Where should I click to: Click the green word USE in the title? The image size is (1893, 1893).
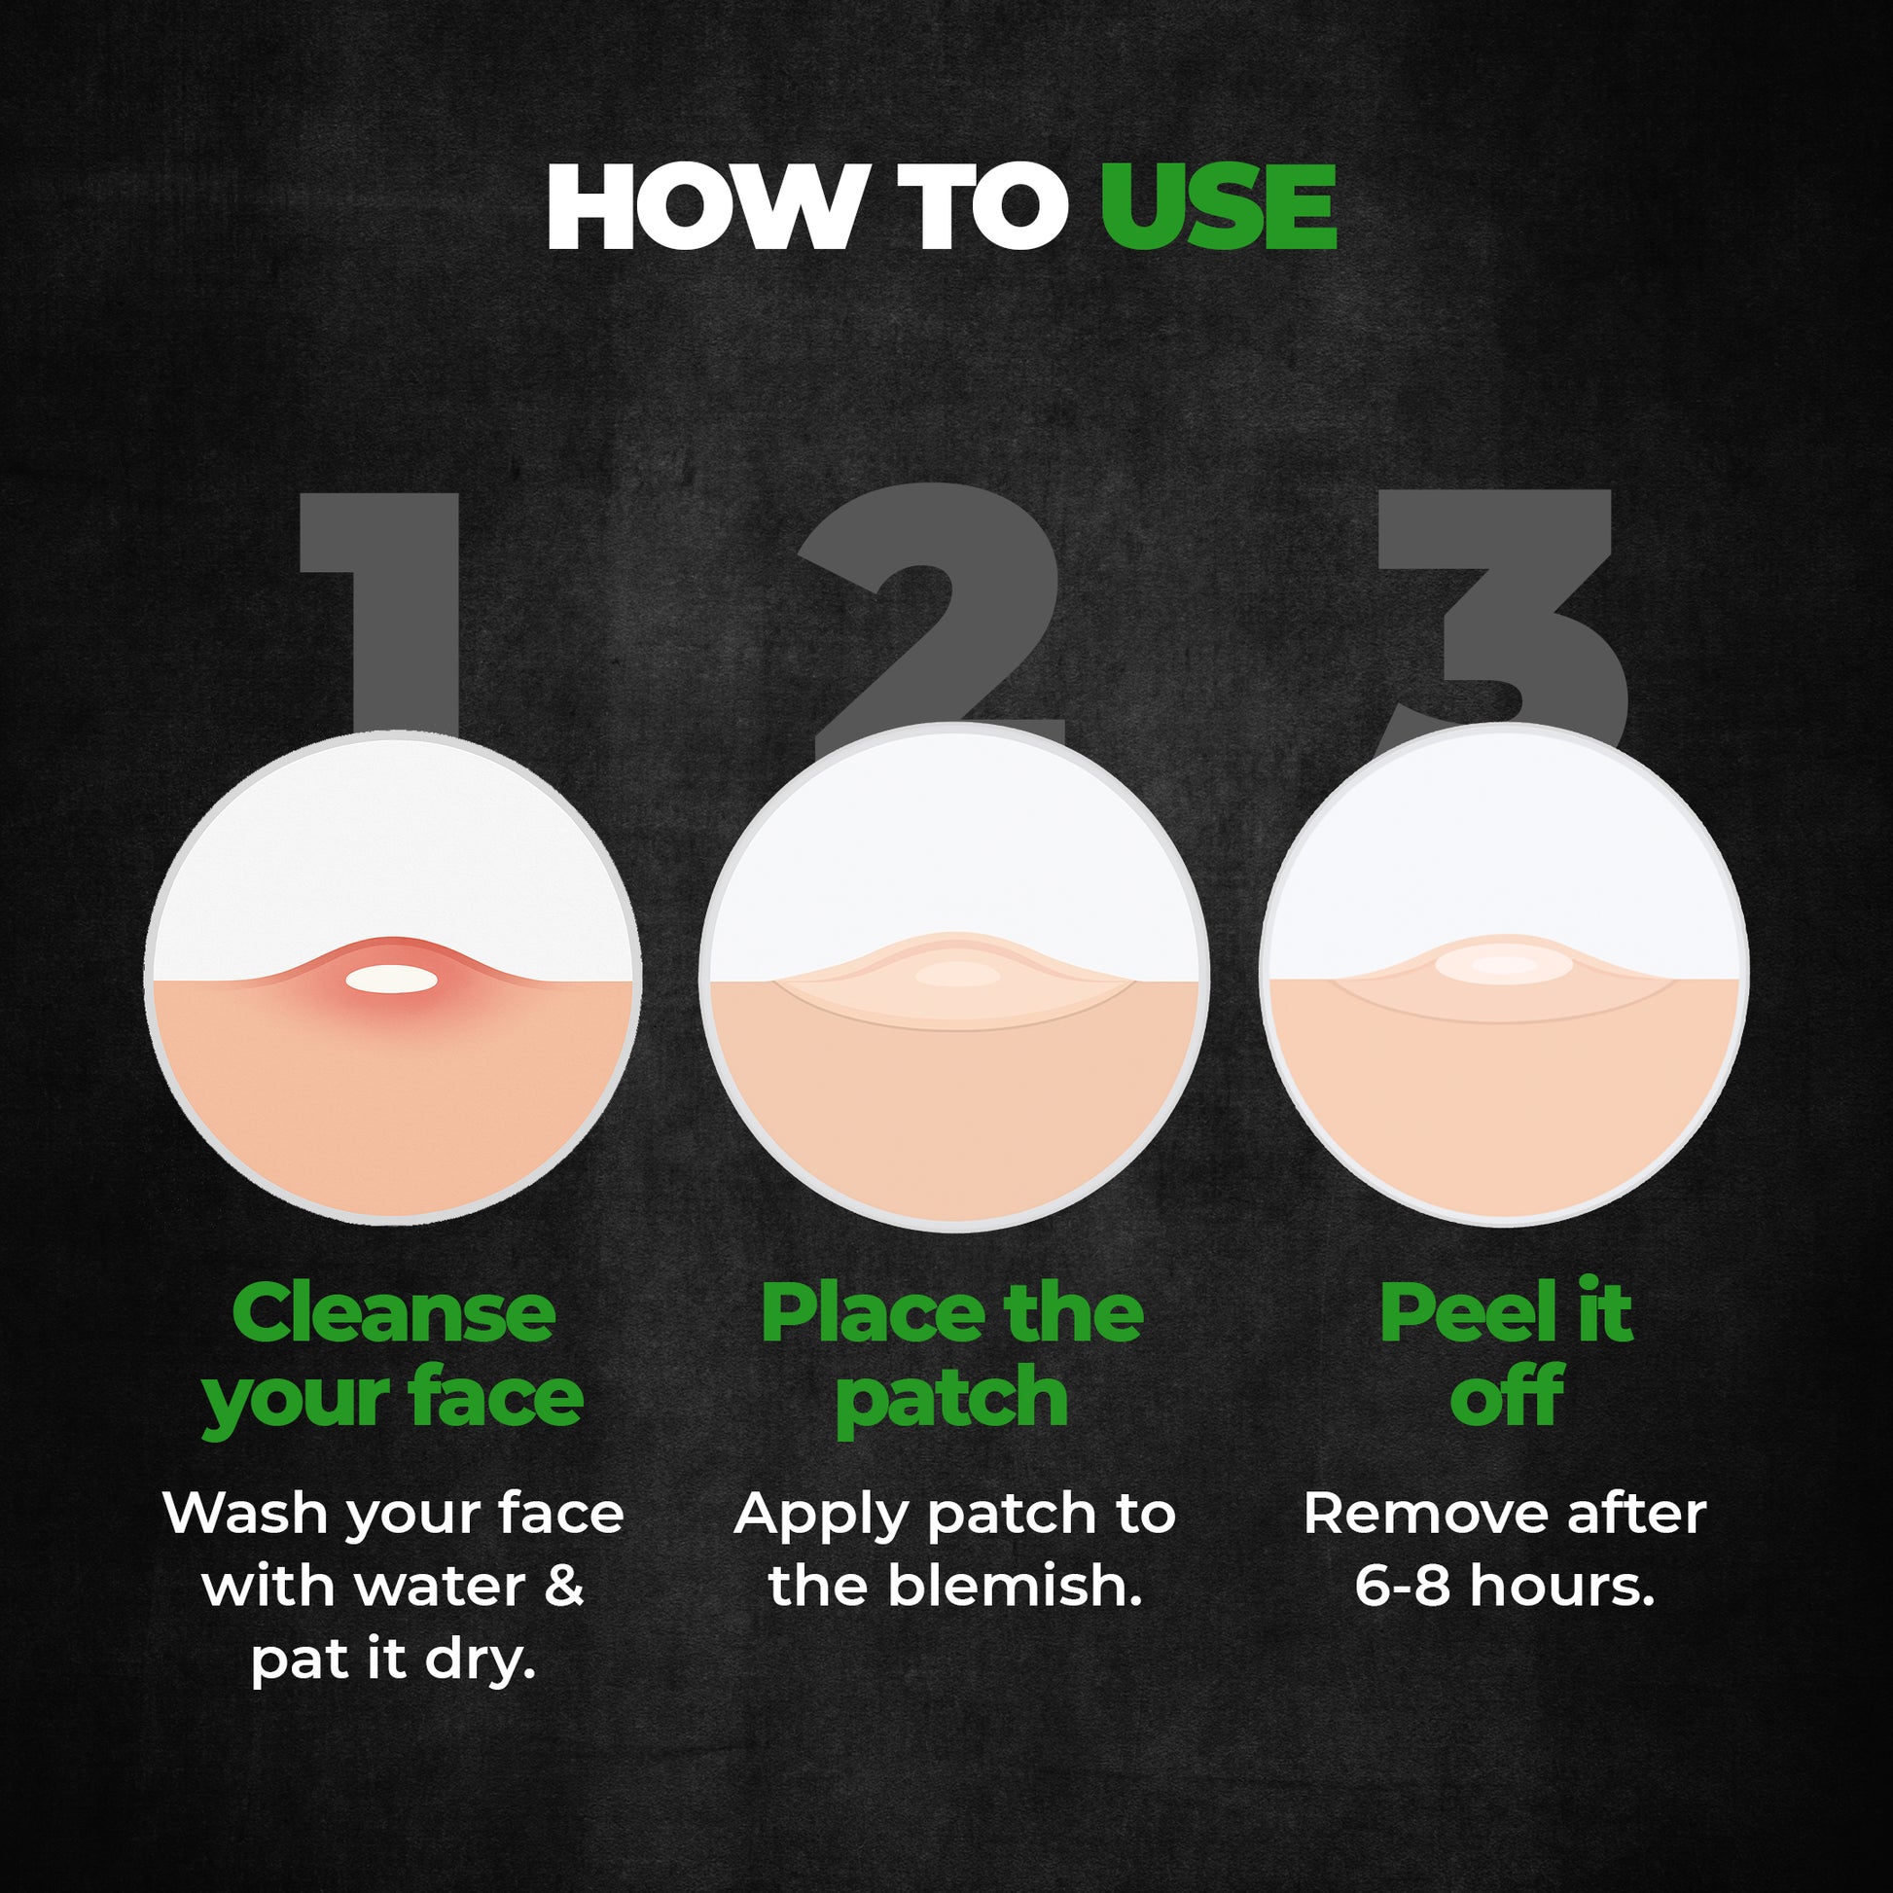coord(1217,208)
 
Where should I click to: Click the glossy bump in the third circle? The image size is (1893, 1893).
coord(1505,965)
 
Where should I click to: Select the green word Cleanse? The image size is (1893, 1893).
coord(394,1314)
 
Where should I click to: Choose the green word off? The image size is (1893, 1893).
coord(1506,1396)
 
